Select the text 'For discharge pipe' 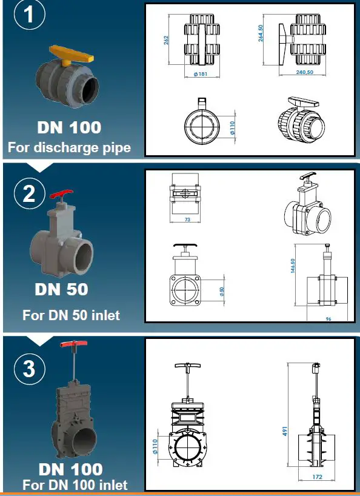(x=68, y=147)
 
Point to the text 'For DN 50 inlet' (x=71, y=315)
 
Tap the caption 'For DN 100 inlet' (x=75, y=484)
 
